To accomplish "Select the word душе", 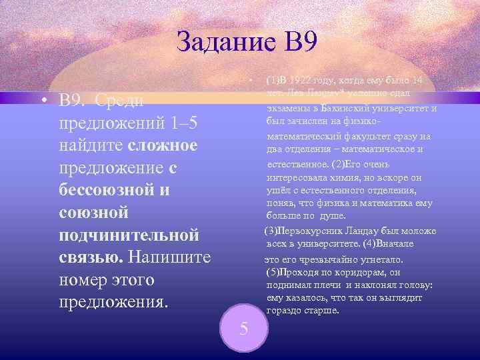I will click(334, 216).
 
